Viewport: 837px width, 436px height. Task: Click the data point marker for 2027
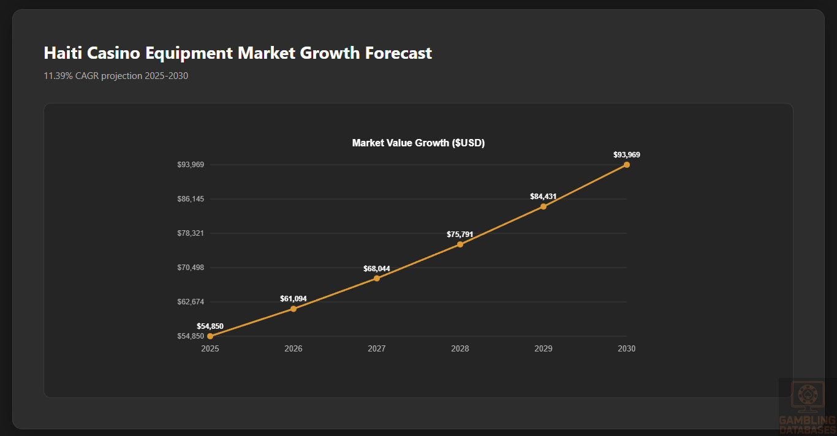coord(377,279)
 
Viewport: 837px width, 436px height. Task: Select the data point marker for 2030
coord(626,165)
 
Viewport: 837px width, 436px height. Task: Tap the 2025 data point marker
coord(210,336)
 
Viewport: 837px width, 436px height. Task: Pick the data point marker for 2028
coord(460,244)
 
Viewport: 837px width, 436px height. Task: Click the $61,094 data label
coord(294,299)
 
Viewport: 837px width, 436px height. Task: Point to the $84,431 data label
coord(543,197)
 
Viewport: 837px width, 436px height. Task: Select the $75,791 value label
coord(460,234)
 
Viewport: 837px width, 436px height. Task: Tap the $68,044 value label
coord(377,269)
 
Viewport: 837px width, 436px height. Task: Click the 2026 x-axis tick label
coord(294,349)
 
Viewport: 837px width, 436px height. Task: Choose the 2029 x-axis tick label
coord(543,349)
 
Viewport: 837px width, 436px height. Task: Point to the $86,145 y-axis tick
coord(191,199)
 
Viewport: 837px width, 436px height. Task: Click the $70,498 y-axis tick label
coord(191,268)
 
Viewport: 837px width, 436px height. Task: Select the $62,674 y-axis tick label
coord(191,302)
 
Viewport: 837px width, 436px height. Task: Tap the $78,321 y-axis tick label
coord(191,233)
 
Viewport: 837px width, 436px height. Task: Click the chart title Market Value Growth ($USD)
coord(418,143)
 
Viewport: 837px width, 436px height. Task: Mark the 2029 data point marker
coord(543,206)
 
